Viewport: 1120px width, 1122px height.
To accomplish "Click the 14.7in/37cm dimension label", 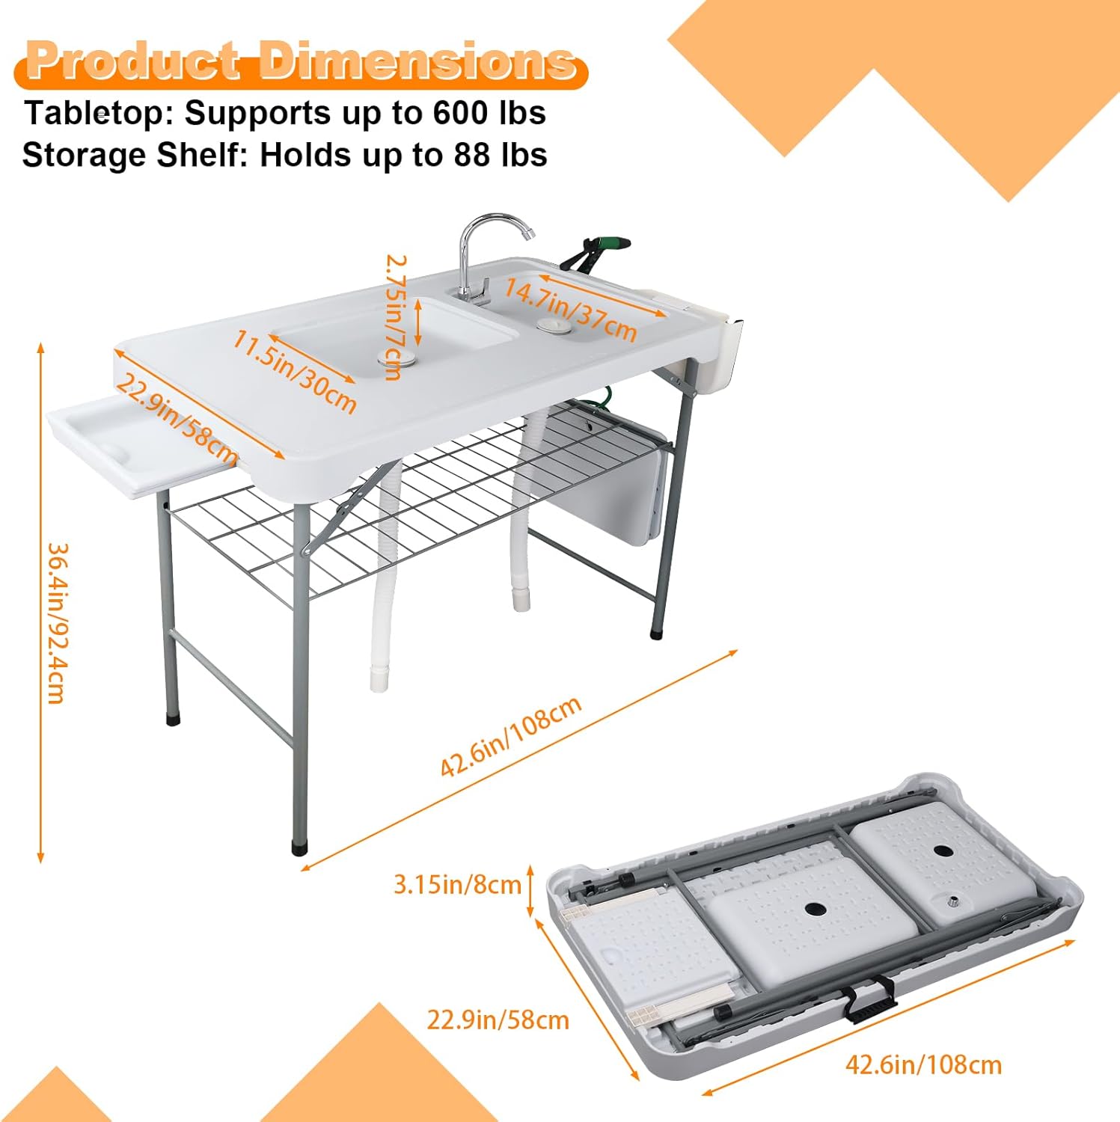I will (x=570, y=308).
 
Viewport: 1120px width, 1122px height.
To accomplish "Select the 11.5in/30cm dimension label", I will (x=294, y=371).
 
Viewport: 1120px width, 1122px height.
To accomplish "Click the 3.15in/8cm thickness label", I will (x=457, y=885).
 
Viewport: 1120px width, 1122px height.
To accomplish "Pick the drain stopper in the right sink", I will (x=553, y=325).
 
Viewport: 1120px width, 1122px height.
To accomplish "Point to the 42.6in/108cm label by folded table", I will (x=923, y=1064).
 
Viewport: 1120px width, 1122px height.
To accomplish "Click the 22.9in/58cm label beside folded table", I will (x=498, y=1020).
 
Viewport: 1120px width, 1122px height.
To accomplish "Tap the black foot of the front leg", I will (x=300, y=849).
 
